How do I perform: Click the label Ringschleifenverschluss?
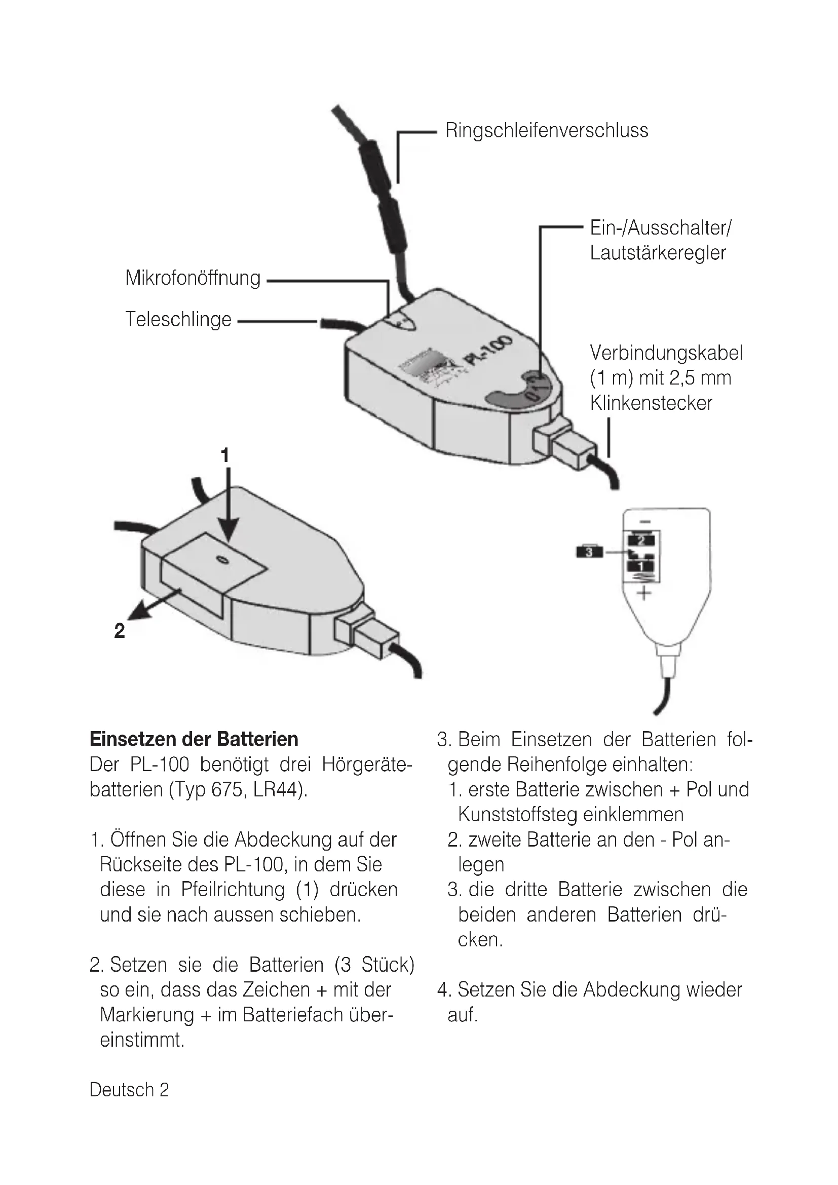(x=547, y=131)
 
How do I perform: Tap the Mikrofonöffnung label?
(x=193, y=278)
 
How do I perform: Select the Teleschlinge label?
(x=178, y=320)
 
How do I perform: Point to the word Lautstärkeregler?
(x=658, y=253)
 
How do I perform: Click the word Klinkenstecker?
(x=651, y=403)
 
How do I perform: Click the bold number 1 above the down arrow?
(x=225, y=456)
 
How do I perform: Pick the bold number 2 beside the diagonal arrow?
(x=120, y=631)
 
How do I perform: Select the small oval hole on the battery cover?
(x=222, y=560)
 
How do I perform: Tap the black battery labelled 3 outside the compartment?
(x=589, y=552)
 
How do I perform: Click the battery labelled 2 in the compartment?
(x=641, y=541)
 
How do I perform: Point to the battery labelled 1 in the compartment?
(x=641, y=566)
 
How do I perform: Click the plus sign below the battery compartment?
(x=643, y=593)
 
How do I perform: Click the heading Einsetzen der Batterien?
(x=194, y=739)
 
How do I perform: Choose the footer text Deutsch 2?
(x=129, y=1090)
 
